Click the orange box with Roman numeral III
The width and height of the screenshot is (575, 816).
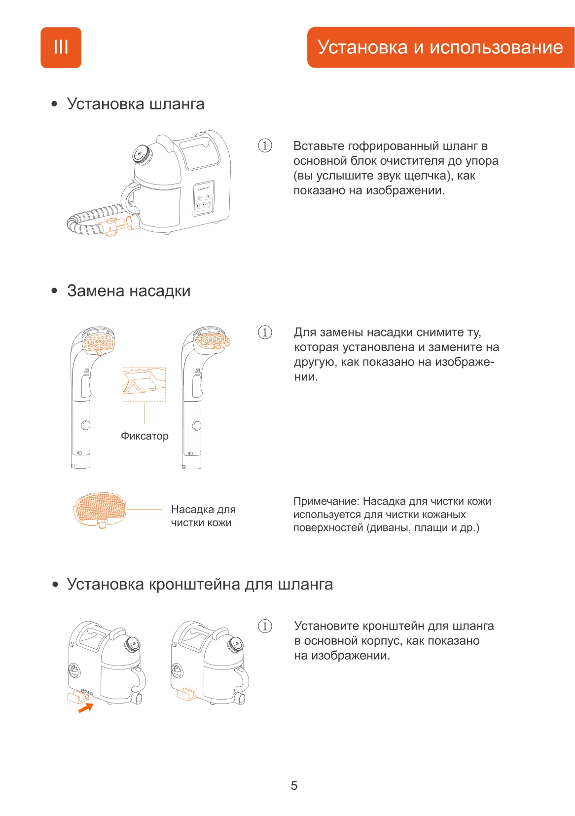click(61, 47)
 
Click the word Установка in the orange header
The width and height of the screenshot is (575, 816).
click(363, 47)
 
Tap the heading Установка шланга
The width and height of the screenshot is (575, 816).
click(136, 104)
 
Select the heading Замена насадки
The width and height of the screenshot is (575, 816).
click(129, 291)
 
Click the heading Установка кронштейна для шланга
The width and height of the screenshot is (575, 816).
click(200, 584)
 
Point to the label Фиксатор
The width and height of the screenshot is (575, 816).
click(144, 436)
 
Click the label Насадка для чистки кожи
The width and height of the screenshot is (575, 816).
click(203, 516)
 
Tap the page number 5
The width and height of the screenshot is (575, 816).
click(294, 785)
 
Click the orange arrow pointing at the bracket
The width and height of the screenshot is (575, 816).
click(86, 708)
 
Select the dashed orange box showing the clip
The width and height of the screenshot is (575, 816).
click(144, 384)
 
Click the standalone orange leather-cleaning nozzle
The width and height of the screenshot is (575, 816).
click(99, 509)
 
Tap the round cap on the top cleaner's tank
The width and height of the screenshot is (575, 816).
click(142, 154)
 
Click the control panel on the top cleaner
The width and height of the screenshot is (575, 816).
click(203, 199)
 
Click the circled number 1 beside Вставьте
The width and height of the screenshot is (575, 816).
click(265, 146)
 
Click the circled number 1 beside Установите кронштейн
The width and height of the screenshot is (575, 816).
click(265, 626)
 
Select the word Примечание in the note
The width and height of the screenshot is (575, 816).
click(326, 501)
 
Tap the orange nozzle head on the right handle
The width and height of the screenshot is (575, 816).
click(213, 339)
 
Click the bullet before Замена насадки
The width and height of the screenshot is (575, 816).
click(54, 291)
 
